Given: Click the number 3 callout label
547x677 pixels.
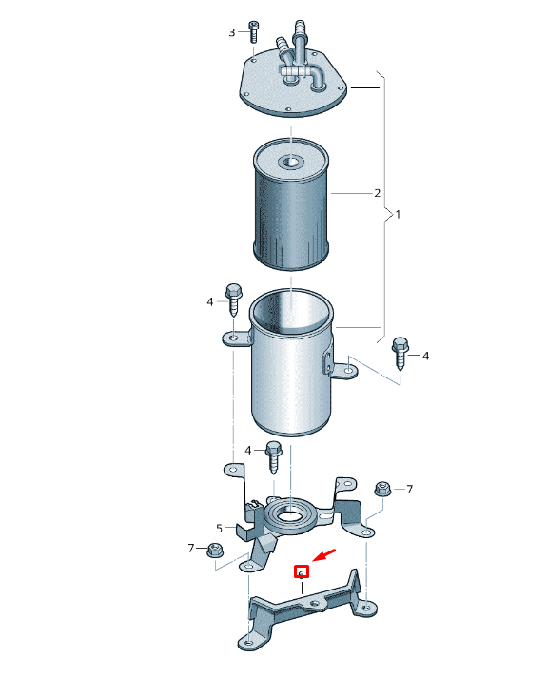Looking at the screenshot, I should [231, 33].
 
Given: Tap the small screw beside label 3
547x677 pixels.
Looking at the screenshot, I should [253, 30].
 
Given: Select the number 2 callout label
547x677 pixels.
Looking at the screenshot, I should [377, 193].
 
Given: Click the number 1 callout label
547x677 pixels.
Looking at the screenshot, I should [398, 215].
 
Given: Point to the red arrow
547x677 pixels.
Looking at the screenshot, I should [325, 554].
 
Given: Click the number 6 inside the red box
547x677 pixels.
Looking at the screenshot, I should [301, 572].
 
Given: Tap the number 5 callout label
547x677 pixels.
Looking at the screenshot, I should [219, 528].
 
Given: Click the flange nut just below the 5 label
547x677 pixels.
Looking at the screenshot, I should [213, 550].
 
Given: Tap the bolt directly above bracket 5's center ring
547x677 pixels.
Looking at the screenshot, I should [274, 455].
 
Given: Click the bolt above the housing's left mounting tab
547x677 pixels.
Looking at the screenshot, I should [233, 298].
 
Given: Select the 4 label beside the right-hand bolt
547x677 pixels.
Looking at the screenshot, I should [425, 356].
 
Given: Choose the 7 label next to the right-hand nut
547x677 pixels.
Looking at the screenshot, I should [410, 490].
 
